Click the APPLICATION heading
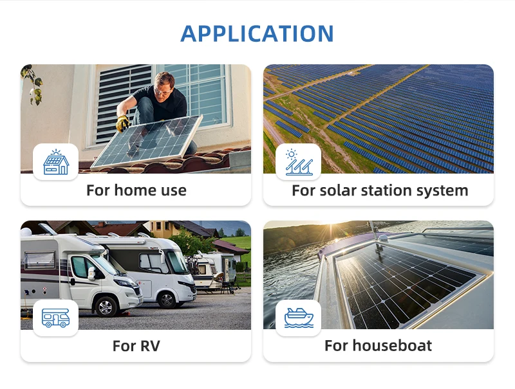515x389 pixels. pyautogui.click(x=257, y=33)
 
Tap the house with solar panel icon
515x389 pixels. pyautogui.click(x=56, y=162)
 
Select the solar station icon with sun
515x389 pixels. pyautogui.click(x=299, y=162)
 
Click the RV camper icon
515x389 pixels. pyautogui.click(x=56, y=318)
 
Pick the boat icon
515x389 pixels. pyautogui.click(x=299, y=318)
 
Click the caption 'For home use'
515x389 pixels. pyautogui.click(x=136, y=190)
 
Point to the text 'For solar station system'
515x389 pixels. pyautogui.click(x=380, y=190)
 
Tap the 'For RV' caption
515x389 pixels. pyautogui.click(x=136, y=346)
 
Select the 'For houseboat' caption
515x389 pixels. pyautogui.click(x=378, y=346)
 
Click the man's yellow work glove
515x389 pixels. pyautogui.click(x=123, y=123)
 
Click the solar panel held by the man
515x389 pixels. pyautogui.click(x=147, y=142)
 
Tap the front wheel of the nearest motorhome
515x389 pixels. pyautogui.click(x=106, y=306)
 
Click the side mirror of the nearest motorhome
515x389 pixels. pyautogui.click(x=91, y=273)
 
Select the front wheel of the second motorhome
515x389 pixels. pyautogui.click(x=166, y=300)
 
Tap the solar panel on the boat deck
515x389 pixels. pyautogui.click(x=405, y=285)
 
